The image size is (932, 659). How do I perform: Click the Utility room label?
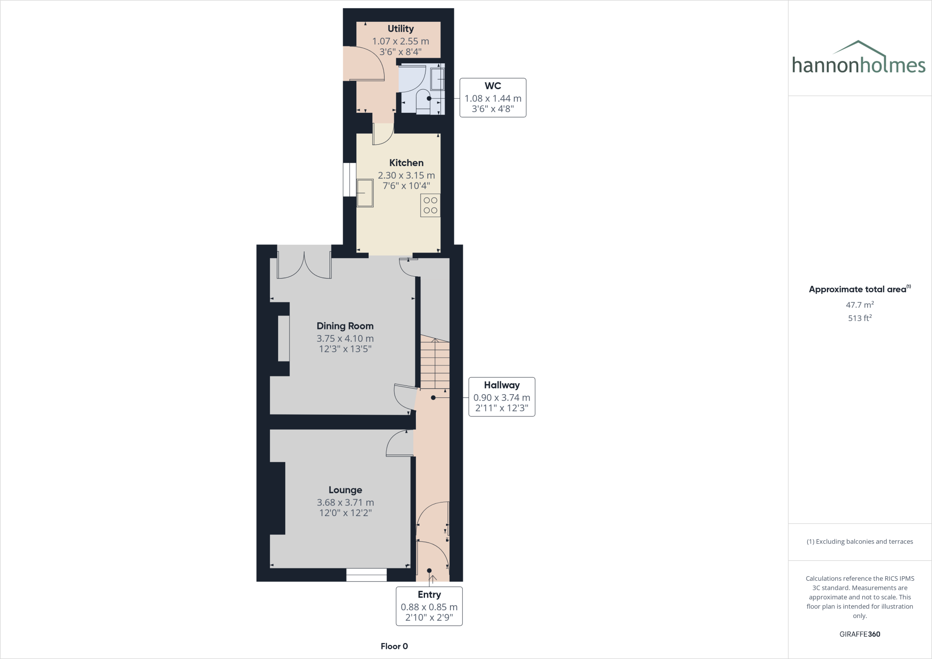click(x=400, y=29)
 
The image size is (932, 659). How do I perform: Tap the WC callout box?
click(x=493, y=97)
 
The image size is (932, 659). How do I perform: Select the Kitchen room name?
click(x=406, y=163)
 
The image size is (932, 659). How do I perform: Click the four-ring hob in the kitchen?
click(x=431, y=205)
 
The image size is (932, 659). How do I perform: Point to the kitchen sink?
click(x=365, y=193)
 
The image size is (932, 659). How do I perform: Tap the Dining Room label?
click(x=345, y=326)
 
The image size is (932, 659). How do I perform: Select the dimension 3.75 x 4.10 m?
click(x=345, y=339)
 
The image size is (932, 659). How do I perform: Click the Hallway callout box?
click(x=501, y=396)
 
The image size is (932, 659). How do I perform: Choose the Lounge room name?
click(x=345, y=490)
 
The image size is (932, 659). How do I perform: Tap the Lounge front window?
click(x=366, y=575)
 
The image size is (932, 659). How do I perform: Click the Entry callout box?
click(x=429, y=606)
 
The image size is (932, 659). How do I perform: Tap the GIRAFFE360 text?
click(x=860, y=634)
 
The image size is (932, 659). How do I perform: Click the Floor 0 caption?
click(x=394, y=646)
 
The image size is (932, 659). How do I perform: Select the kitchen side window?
click(x=349, y=180)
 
